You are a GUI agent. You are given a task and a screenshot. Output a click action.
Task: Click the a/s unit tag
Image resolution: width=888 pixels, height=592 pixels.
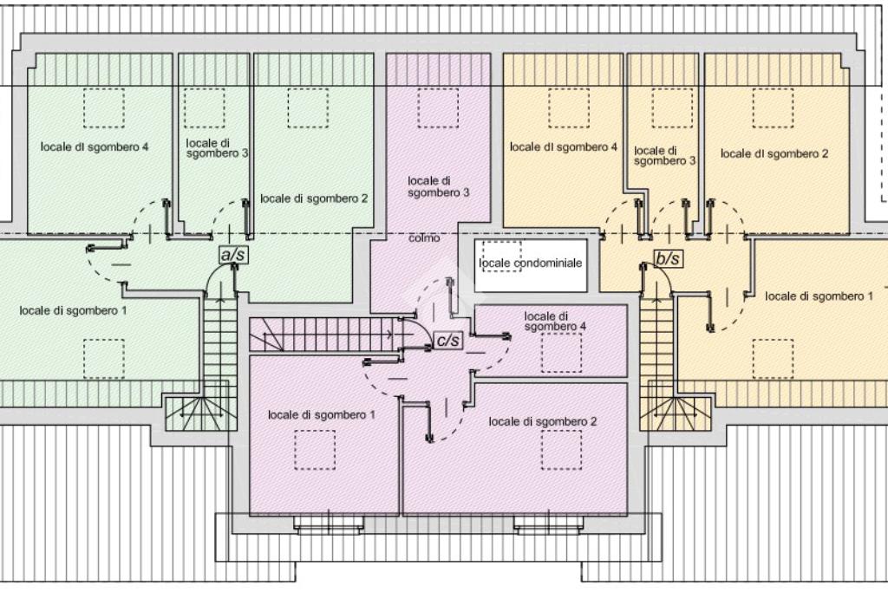click(233, 255)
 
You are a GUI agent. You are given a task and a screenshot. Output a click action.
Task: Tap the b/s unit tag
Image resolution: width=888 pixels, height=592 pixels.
click(669, 258)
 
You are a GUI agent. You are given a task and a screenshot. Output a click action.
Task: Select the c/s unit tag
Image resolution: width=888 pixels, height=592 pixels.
click(448, 340)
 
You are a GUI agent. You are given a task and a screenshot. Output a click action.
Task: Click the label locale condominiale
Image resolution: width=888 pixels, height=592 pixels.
click(530, 263)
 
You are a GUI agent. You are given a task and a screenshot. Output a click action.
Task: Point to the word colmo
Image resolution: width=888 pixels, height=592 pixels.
click(424, 238)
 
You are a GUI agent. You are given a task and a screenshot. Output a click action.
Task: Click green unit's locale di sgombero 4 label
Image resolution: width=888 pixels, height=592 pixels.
click(95, 147)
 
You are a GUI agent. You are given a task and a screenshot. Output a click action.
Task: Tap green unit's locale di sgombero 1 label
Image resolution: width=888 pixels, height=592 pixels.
click(73, 310)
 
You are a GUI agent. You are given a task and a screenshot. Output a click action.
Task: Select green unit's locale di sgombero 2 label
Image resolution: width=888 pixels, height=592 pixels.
click(314, 198)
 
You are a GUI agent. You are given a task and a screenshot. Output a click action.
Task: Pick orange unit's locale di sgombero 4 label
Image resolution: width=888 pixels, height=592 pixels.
click(564, 147)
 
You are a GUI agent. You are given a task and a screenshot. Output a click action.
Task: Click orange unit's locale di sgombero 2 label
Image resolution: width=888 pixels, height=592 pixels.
click(774, 153)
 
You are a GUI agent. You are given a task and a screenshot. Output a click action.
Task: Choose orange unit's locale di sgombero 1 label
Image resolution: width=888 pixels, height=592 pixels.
click(819, 296)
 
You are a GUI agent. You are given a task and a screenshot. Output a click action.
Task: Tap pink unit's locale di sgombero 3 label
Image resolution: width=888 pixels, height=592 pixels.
click(438, 186)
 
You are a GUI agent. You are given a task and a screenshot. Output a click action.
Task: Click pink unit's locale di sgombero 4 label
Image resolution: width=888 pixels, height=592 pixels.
click(555, 322)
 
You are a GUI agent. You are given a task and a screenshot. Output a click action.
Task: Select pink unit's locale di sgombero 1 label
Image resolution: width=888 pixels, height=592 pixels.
click(321, 415)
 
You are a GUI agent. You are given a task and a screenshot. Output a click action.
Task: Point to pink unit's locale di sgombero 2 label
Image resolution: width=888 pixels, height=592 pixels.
click(543, 421)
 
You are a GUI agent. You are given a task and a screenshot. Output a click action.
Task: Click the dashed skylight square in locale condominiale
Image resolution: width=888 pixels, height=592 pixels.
click(502, 256)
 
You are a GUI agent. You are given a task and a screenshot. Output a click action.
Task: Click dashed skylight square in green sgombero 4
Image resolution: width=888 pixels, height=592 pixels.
click(104, 108)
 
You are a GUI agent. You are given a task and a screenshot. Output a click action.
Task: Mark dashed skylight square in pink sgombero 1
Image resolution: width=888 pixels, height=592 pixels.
click(314, 450)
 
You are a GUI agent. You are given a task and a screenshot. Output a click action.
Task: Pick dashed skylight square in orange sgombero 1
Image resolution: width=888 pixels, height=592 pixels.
click(773, 359)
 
